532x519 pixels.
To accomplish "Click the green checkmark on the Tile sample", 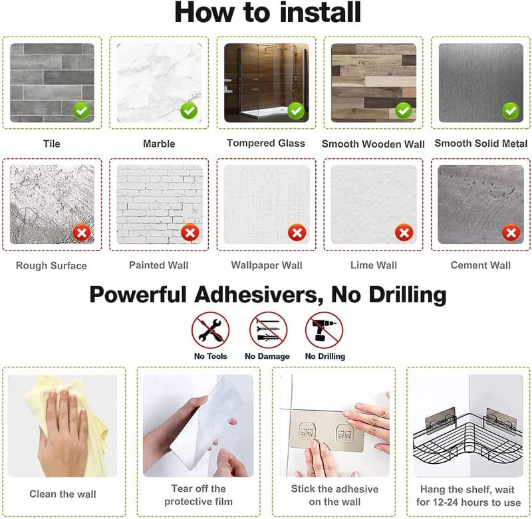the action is click(x=81, y=110).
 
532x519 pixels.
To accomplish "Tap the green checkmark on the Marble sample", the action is click(x=189, y=110).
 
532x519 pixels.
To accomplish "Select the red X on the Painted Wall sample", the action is click(x=190, y=233).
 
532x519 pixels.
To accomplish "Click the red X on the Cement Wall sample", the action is click(x=511, y=233).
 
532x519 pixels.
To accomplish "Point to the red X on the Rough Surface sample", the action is click(x=82, y=233).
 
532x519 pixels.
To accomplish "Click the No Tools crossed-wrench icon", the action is click(x=210, y=330).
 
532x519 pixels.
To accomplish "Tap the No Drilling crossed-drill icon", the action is click(x=324, y=330).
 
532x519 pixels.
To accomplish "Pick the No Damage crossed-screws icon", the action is click(x=268, y=330).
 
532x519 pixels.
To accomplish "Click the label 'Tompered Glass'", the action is click(x=266, y=144).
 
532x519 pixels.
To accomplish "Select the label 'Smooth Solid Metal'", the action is click(x=481, y=144).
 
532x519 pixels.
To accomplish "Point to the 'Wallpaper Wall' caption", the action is click(x=267, y=265).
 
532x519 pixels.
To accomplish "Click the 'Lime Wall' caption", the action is click(x=374, y=265).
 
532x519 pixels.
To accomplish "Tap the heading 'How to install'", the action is click(x=268, y=13).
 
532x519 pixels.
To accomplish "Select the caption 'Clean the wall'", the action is click(x=63, y=494).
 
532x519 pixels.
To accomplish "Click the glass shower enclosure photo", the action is click(x=267, y=82).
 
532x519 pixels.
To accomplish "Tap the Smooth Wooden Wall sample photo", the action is click(x=374, y=82).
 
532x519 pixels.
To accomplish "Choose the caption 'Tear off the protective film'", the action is click(x=198, y=495).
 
